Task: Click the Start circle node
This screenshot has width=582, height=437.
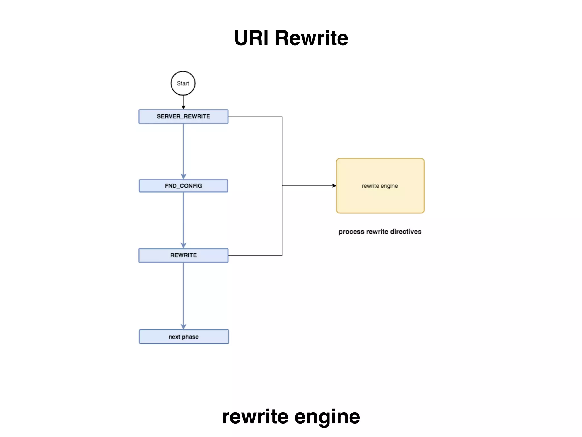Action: click(183, 83)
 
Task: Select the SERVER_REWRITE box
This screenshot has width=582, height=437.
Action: click(183, 116)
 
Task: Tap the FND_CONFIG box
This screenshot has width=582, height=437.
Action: click(183, 186)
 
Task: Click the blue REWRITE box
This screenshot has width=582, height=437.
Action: click(183, 255)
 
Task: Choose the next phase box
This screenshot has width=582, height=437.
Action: click(184, 337)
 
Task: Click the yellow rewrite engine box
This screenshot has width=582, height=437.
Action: click(380, 186)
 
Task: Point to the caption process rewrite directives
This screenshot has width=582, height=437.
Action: click(380, 232)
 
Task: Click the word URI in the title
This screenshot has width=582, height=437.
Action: click(251, 38)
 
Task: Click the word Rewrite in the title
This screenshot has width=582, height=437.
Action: click(311, 38)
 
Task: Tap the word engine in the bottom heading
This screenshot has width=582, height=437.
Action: click(327, 417)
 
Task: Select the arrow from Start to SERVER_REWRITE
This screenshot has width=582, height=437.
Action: click(183, 102)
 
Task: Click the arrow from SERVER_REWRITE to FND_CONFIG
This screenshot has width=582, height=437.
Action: click(183, 151)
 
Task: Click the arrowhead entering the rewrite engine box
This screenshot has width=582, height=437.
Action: click(334, 186)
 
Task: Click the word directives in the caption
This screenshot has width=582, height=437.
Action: click(406, 232)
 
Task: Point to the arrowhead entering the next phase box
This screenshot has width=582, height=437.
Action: click(183, 327)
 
